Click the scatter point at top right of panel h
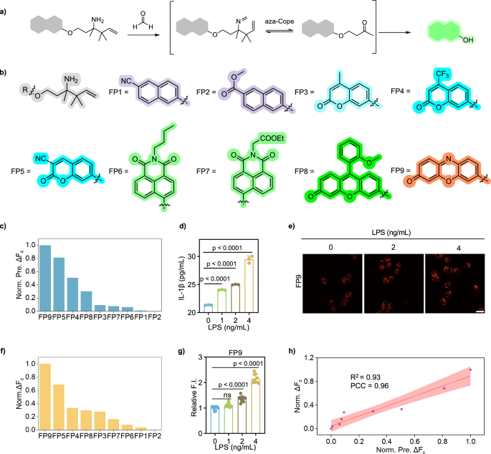tap(471, 370)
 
